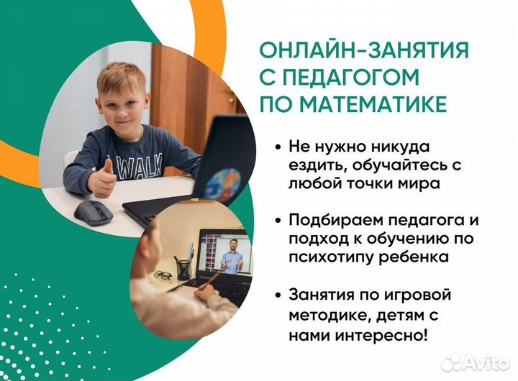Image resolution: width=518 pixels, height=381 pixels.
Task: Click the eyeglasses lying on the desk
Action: point(162,275)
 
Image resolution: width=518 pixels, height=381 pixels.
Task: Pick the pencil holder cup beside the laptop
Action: point(184,267)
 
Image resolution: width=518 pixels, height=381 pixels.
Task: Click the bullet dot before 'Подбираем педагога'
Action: point(278,219)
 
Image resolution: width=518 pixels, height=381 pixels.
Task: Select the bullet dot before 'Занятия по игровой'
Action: point(278,293)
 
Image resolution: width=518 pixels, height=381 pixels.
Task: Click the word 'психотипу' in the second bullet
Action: point(323,257)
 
